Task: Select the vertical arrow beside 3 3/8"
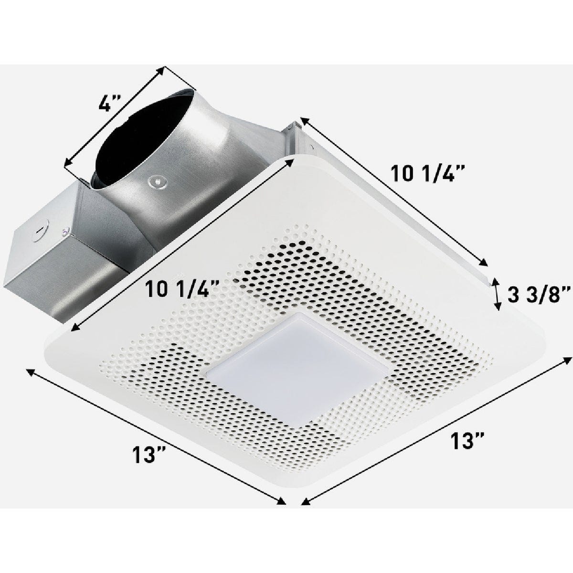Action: pyautogui.click(x=497, y=295)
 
